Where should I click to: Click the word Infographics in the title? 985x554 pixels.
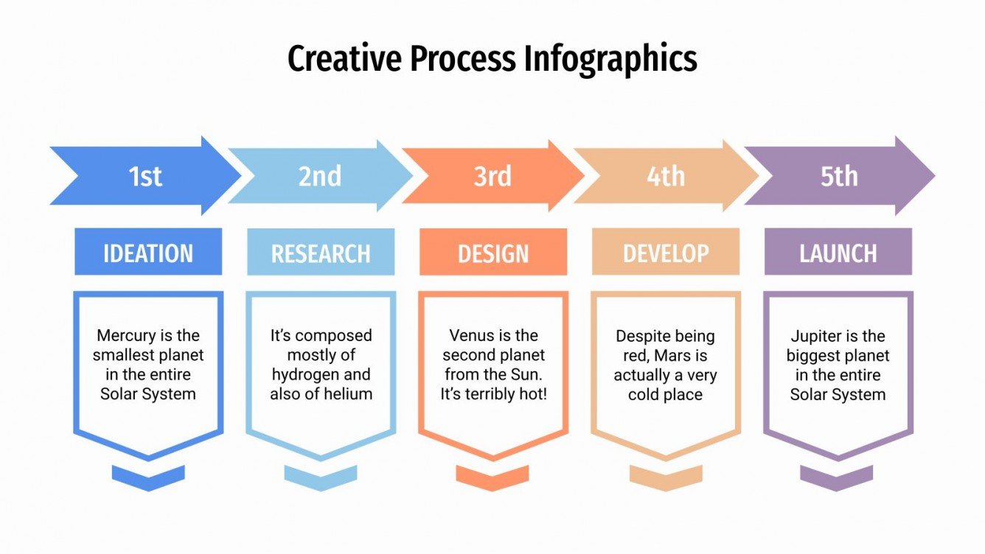pos(610,59)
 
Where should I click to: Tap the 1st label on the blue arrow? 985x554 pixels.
pos(145,177)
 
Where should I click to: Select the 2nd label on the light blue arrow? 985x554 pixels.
pos(319,177)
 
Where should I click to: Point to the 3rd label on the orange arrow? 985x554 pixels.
pos(492,177)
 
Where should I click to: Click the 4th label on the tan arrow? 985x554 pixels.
pos(665,177)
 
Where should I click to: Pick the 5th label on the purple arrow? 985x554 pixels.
pos(839,177)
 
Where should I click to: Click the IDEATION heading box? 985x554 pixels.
pos(148,253)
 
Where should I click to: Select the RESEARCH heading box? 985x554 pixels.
pos(321,253)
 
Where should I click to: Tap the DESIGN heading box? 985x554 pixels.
pos(493,253)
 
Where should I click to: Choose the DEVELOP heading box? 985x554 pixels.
pos(666,253)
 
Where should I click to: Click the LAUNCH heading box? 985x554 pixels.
pos(838,253)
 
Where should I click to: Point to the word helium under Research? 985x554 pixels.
pos(349,394)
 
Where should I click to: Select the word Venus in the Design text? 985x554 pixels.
pos(473,336)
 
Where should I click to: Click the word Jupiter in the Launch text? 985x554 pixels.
pos(815,336)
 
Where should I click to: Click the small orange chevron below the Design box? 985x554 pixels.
pos(492,477)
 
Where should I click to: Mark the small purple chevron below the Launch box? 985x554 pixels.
pos(836,477)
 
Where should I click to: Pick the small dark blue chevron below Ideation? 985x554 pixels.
pos(148,477)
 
